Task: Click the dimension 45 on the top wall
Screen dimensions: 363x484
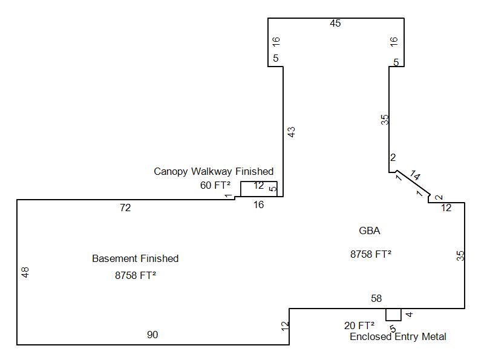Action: coord(335,24)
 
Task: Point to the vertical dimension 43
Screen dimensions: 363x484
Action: coord(291,131)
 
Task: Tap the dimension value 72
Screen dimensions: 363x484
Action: coord(125,208)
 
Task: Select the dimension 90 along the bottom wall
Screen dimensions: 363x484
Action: coord(152,335)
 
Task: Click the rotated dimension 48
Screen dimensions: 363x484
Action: coord(25,272)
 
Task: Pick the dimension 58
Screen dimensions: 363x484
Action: coord(376,298)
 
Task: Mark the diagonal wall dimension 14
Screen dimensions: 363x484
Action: coord(415,175)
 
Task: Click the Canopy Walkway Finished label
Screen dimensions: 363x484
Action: coord(214,171)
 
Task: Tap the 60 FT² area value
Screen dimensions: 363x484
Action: coord(215,185)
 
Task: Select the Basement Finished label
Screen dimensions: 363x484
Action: coord(135,258)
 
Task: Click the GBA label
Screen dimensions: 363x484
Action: coord(369,231)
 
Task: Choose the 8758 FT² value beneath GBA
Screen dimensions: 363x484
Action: coord(370,254)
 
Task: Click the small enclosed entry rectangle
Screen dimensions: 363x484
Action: coord(393,315)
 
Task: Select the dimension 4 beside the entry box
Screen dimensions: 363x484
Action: coord(409,315)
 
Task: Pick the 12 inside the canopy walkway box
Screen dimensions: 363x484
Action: coord(258,186)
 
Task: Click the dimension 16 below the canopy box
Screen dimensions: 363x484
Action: coord(258,204)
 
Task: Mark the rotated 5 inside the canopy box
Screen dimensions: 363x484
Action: coord(273,189)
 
